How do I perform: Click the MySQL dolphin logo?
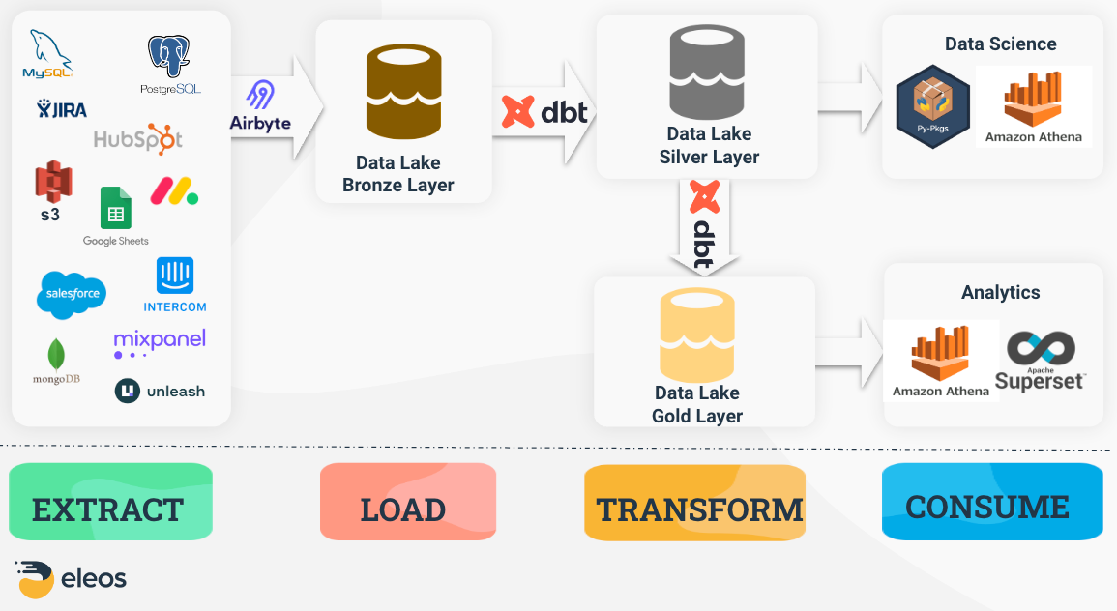[x=46, y=55]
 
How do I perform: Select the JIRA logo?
[x=62, y=108]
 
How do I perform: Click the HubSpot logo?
[x=137, y=139]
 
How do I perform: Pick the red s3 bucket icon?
[x=52, y=184]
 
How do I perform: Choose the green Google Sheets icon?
[x=116, y=209]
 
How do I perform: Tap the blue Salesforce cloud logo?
[x=72, y=294]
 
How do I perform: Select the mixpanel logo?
[x=160, y=342]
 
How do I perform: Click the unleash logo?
[x=160, y=391]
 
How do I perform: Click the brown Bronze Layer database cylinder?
[x=403, y=94]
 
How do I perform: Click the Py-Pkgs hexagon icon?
[x=932, y=106]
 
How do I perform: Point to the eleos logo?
[x=71, y=578]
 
